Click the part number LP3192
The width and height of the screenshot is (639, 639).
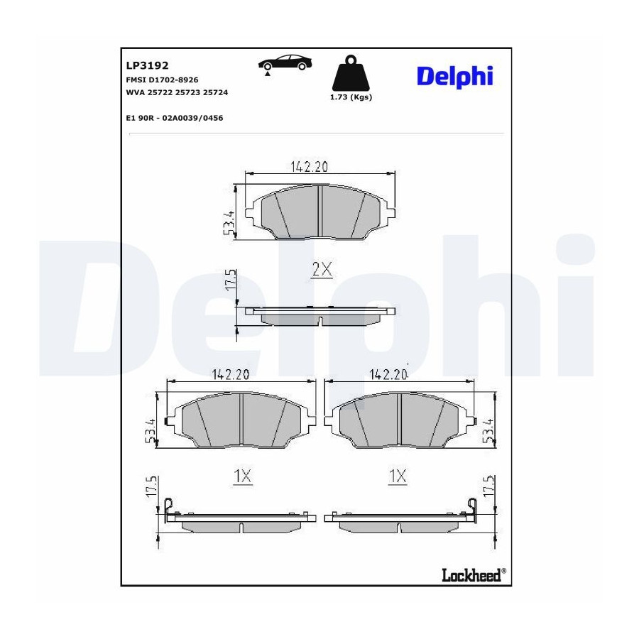[x=147, y=65]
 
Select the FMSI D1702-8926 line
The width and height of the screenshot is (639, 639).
[x=162, y=80]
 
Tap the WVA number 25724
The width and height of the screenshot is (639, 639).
[x=215, y=92]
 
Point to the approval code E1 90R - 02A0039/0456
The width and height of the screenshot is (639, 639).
[x=175, y=118]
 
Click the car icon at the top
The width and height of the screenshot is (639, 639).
[x=285, y=62]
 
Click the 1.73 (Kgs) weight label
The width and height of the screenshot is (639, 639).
[x=351, y=97]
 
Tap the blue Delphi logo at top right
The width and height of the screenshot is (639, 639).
[x=455, y=76]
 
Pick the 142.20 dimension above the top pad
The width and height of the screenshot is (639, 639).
[x=310, y=167]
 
